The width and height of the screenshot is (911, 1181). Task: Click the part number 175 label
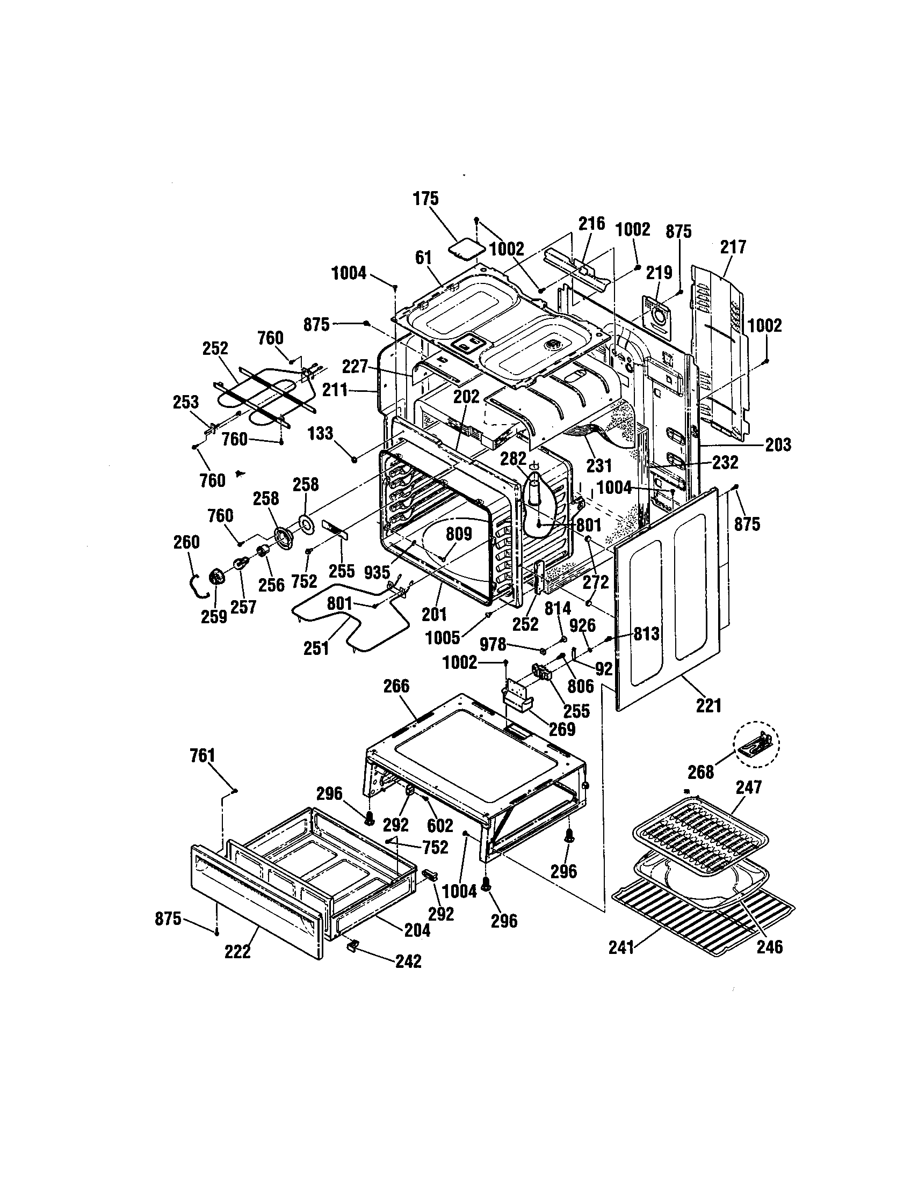pos(426,199)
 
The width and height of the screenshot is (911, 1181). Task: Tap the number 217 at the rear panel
pos(733,247)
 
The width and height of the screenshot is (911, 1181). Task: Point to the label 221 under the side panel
pos(708,705)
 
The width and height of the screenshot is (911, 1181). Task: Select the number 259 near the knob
pos(214,616)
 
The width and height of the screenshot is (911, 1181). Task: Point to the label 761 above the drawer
pos(203,755)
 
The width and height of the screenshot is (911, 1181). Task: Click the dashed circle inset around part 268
pos(756,745)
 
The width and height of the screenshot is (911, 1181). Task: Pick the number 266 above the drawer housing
pos(396,686)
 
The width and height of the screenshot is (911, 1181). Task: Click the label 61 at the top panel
pos(423,258)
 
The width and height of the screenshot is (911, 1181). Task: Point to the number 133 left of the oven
pos(321,433)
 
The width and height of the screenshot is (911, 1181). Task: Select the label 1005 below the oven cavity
pos(443,638)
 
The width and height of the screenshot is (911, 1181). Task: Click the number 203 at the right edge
pos(778,444)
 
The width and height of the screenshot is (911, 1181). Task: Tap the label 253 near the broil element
pos(185,402)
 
